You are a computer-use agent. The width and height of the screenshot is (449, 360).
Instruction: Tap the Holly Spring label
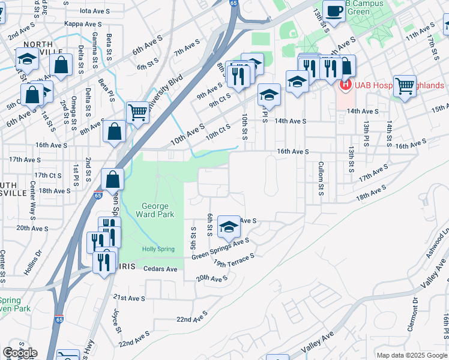158,249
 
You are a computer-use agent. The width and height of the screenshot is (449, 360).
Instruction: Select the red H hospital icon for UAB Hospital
345,85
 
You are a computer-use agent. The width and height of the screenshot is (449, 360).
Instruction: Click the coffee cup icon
334,10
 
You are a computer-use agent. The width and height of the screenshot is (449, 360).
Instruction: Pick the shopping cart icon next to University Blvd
138,112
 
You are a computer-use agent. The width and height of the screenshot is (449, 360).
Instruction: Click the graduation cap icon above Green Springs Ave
229,227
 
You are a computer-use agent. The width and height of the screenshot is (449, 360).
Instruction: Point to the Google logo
19,353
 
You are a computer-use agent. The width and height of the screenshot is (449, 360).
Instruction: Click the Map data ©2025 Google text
412,355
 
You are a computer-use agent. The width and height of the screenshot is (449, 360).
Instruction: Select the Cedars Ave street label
160,269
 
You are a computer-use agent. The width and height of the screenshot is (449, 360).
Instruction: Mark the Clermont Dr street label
414,311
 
